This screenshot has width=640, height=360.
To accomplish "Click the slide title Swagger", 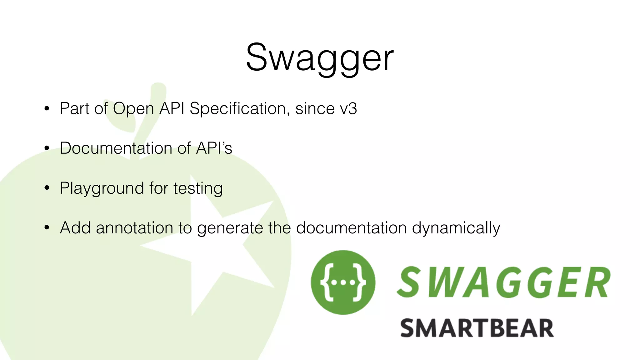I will [319, 58].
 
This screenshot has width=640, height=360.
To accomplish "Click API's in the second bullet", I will [214, 148].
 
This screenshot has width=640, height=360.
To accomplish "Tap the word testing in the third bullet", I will [198, 188].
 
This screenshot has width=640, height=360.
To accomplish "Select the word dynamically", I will [456, 228].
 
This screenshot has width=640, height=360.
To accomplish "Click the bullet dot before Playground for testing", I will [47, 188].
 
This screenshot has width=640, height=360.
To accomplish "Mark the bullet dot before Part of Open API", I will [47, 109].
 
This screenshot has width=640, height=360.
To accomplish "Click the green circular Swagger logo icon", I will [343, 282].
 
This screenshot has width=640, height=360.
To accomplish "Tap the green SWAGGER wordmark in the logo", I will [503, 282].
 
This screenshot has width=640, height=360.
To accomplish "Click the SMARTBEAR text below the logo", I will [477, 328].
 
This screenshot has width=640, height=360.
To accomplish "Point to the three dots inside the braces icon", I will [343, 283].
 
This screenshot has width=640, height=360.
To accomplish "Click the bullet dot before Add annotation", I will [47, 228].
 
